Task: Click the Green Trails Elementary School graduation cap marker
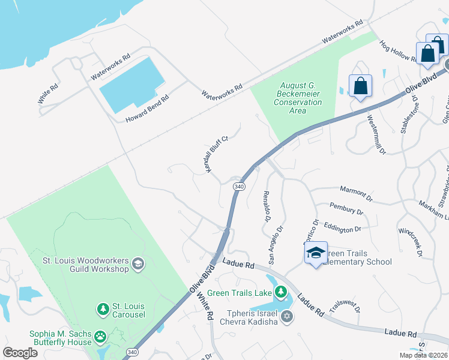coord(316,254)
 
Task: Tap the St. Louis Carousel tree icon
coord(103,309)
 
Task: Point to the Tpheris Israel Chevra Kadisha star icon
coord(287,316)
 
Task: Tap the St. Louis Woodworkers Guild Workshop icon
coord(138,263)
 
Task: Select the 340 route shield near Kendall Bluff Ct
coord(238,187)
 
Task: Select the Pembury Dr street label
coord(346,208)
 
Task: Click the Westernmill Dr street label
coord(376,135)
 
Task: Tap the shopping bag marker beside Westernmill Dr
coord(360,86)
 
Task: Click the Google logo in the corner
coord(20,353)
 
